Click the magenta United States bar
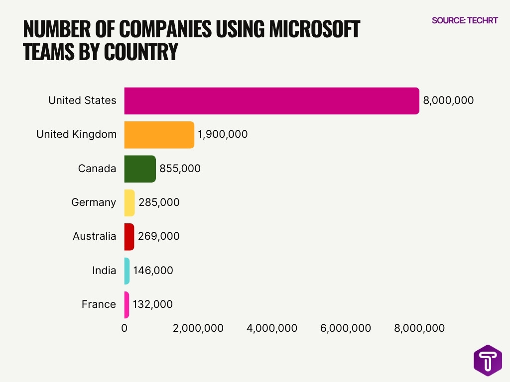[271, 101]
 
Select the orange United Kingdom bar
[159, 135]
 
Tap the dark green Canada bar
[140, 169]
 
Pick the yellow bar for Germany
[129, 202]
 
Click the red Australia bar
[129, 237]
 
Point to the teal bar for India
[127, 271]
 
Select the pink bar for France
[127, 304]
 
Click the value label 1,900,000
[223, 134]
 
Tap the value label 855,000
[180, 169]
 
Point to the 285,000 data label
[159, 202]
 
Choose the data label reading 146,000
[153, 271]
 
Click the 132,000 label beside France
[152, 304]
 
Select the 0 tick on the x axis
[125, 328]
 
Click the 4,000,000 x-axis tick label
[272, 328]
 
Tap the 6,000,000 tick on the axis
[346, 328]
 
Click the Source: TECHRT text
[464, 20]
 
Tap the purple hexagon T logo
[488, 360]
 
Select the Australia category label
[94, 236]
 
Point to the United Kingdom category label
[76, 134]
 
